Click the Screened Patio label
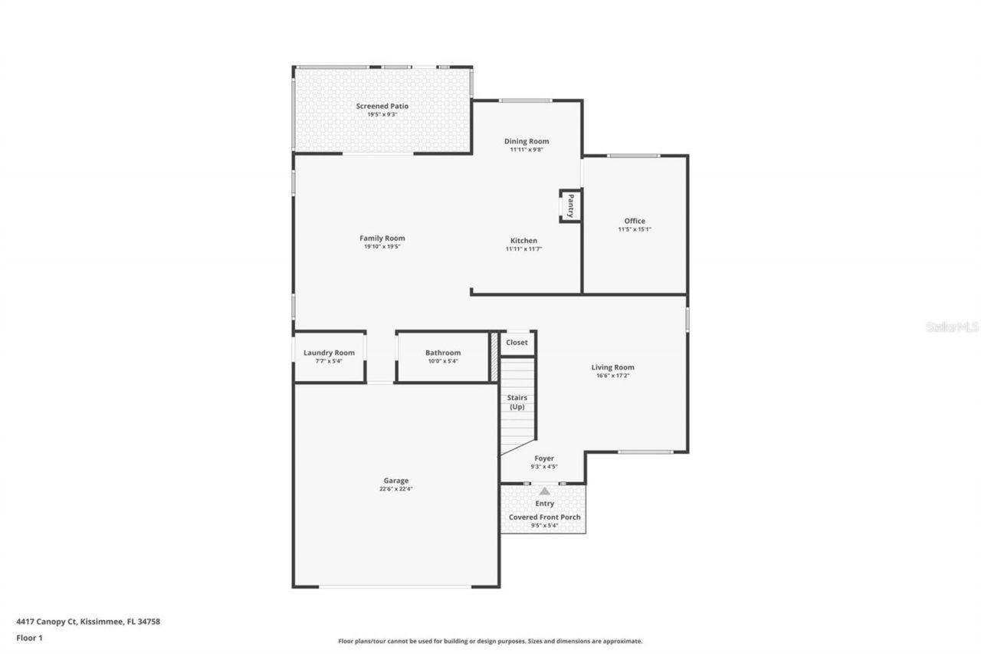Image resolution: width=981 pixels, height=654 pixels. coord(382,106)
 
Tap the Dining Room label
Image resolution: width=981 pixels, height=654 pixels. coord(527,141)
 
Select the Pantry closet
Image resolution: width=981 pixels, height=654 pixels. coord(570,205)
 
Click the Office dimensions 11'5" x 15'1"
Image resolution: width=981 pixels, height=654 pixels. coord(635,229)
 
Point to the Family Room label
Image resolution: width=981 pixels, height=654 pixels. coord(382,238)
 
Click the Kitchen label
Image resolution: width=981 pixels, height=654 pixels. coord(524,240)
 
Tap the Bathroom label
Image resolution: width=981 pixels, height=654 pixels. coord(443,353)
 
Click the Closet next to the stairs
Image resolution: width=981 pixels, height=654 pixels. coord(517,343)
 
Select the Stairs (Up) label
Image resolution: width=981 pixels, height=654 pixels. coord(517,402)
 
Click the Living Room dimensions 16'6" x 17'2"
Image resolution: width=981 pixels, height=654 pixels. coord(612,376)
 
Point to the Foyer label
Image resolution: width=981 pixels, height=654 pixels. coord(544,458)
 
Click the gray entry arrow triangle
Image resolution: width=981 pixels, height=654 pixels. coord(544,491)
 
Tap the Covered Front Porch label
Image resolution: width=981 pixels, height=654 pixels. coord(544,518)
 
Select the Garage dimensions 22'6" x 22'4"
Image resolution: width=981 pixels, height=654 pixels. coord(396,489)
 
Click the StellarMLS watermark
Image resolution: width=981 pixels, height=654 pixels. coord(952,327)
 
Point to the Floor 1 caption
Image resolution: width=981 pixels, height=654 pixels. coord(30,637)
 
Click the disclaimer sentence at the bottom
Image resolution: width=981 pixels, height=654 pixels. coord(490,641)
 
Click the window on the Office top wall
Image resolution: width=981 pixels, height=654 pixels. coord(633,156)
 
